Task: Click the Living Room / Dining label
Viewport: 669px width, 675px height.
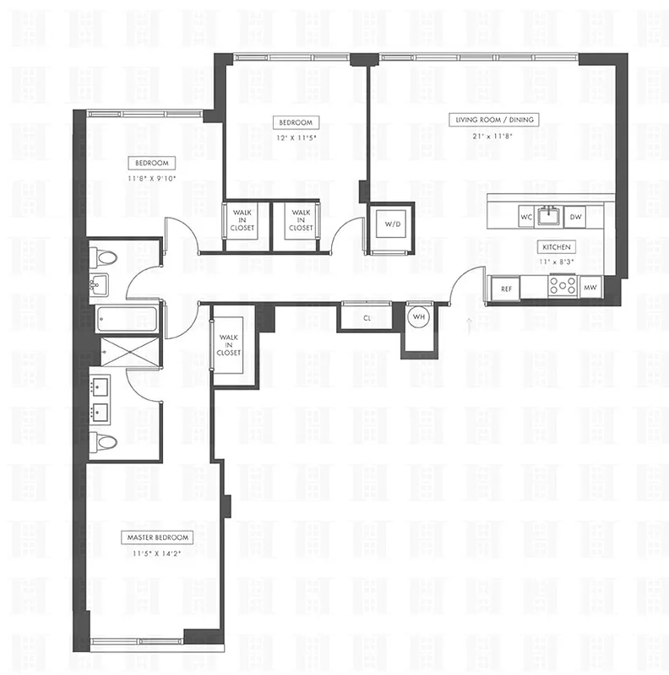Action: tap(493, 120)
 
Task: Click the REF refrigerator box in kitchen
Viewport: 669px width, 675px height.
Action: tap(506, 289)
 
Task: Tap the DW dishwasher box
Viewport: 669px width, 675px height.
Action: tap(575, 217)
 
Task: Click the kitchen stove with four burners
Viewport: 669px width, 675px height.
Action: tap(562, 287)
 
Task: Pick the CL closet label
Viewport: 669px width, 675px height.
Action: tap(367, 318)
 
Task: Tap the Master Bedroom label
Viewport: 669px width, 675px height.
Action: tap(159, 537)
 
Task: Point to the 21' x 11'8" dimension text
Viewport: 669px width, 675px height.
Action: tap(493, 136)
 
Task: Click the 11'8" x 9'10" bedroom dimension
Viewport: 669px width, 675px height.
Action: tap(153, 179)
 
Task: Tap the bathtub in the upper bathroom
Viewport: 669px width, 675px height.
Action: tap(126, 319)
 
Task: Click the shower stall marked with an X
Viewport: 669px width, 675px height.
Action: tap(128, 351)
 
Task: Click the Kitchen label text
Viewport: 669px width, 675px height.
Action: tap(557, 247)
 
